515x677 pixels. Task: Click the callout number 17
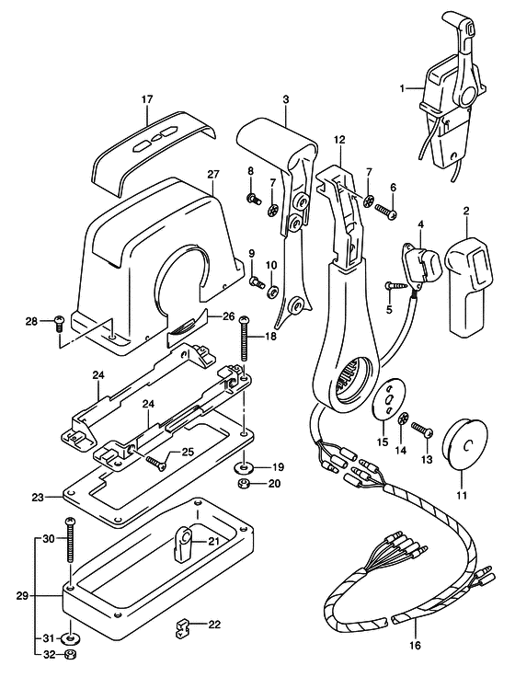147,99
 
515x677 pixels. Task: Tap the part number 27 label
213,175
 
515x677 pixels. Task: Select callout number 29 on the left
24,597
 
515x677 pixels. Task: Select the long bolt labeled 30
71,539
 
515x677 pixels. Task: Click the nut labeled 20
244,483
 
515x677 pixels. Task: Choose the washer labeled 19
244,466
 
